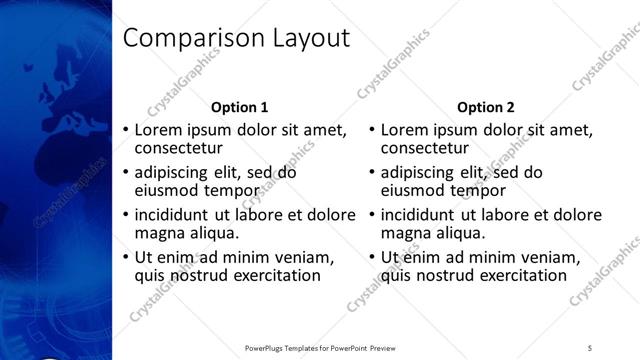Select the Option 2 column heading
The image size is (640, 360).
pos(486,107)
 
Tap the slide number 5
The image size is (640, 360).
pos(590,347)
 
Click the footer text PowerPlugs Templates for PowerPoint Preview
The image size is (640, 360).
pos(322,347)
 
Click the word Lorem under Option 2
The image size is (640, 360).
pos(406,130)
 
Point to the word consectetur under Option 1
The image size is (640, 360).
pos(185,149)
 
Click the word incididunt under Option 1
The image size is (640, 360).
pos(170,215)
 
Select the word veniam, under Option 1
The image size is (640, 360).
pos(304,257)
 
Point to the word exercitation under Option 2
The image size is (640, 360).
pos(523,276)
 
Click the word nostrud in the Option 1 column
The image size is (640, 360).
pos(199,276)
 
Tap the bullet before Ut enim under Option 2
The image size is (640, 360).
pos(372,258)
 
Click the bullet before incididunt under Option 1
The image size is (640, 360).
pos(125,216)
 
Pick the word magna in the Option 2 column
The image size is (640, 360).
pos(405,234)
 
